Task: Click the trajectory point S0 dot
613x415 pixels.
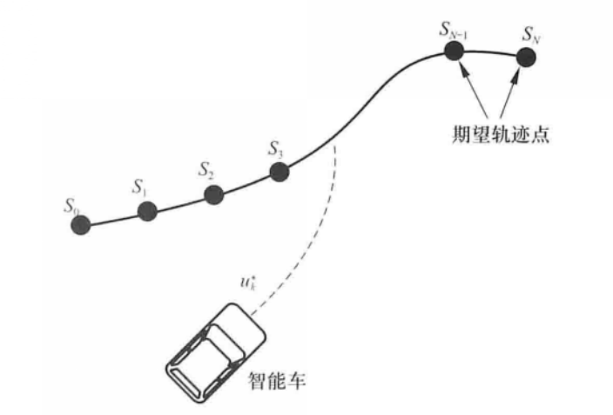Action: pos(81,224)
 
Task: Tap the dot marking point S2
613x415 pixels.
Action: pos(210,194)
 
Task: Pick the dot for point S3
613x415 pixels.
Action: pos(280,172)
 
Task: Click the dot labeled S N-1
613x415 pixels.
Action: pos(454,51)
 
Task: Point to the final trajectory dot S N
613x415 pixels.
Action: pos(526,57)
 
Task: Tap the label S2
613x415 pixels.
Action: pos(205,168)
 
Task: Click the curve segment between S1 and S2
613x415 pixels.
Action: pos(179,202)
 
